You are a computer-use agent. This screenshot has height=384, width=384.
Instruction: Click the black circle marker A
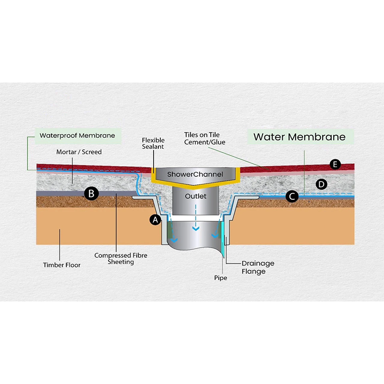tap(155, 219)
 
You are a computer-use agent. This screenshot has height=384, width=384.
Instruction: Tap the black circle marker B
tap(91, 193)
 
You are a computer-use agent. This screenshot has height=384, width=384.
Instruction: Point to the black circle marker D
tap(322, 184)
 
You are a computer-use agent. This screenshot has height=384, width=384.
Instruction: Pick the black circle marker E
tap(336, 165)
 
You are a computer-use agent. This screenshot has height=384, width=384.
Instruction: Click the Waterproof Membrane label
tap(77, 135)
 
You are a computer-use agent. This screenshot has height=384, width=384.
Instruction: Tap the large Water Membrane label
tap(299, 137)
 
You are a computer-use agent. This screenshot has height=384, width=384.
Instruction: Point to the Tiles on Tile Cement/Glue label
tap(204, 139)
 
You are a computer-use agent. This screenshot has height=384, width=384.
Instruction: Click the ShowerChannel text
tap(195, 174)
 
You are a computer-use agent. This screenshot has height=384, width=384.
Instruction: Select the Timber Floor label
tap(62, 265)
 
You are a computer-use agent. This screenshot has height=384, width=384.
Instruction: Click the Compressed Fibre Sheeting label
tap(114, 259)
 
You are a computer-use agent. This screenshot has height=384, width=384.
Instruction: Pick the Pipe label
tap(220, 278)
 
